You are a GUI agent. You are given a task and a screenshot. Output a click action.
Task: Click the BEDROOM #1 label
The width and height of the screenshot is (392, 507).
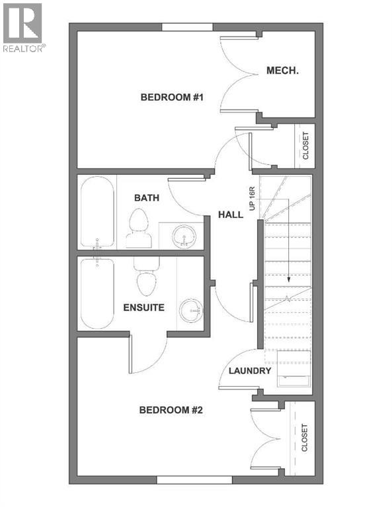(x=171, y=98)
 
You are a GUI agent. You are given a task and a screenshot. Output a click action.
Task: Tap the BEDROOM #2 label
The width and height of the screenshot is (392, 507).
(x=171, y=410)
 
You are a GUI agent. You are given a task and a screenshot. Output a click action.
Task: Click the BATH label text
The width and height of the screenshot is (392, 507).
(x=147, y=197)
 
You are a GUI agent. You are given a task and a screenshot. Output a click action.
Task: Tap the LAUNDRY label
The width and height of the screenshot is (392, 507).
(x=250, y=371)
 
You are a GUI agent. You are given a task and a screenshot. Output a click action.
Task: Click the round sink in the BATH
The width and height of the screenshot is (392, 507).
(x=182, y=237)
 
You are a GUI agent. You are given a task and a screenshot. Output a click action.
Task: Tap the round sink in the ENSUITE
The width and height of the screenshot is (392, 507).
(x=193, y=308)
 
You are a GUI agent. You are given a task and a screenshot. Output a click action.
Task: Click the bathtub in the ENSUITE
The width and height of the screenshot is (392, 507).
(x=97, y=294)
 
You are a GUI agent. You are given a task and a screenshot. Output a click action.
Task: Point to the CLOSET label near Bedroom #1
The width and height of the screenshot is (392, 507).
(x=305, y=146)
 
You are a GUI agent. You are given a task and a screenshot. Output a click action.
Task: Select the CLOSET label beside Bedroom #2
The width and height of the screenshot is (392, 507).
(x=305, y=438)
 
